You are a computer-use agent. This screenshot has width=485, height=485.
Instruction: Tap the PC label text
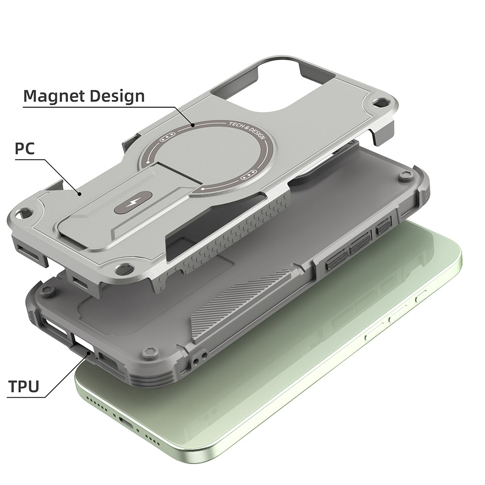pos(24,148)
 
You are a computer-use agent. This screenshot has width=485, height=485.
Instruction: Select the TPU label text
pos(24,387)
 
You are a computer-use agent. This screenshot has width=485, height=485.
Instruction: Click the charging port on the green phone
pos(127,423)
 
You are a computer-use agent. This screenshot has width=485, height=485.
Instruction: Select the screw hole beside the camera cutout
pos(384,102)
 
